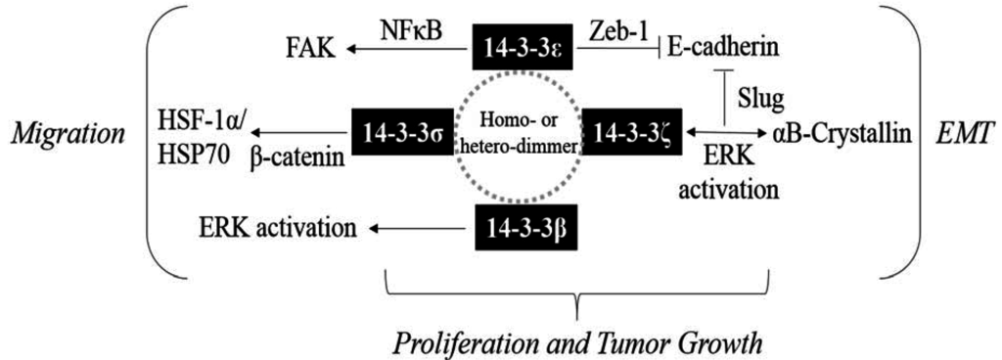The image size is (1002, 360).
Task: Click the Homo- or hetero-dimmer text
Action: point(521,137)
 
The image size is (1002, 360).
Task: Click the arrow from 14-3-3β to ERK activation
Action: point(415,230)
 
